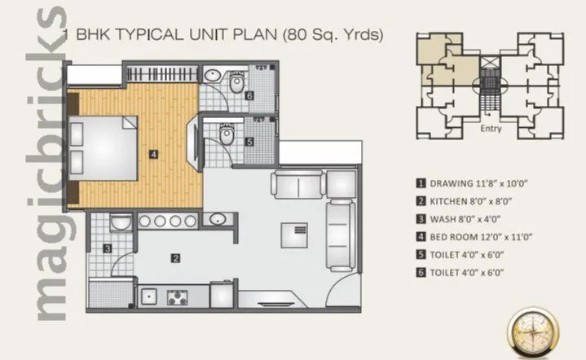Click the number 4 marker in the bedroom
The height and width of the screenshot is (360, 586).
152,152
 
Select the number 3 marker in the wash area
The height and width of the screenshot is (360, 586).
107,248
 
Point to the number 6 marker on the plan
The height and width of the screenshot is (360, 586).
249,95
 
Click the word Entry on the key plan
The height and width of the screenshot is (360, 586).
491,129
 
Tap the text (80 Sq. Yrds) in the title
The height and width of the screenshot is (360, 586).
332,34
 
